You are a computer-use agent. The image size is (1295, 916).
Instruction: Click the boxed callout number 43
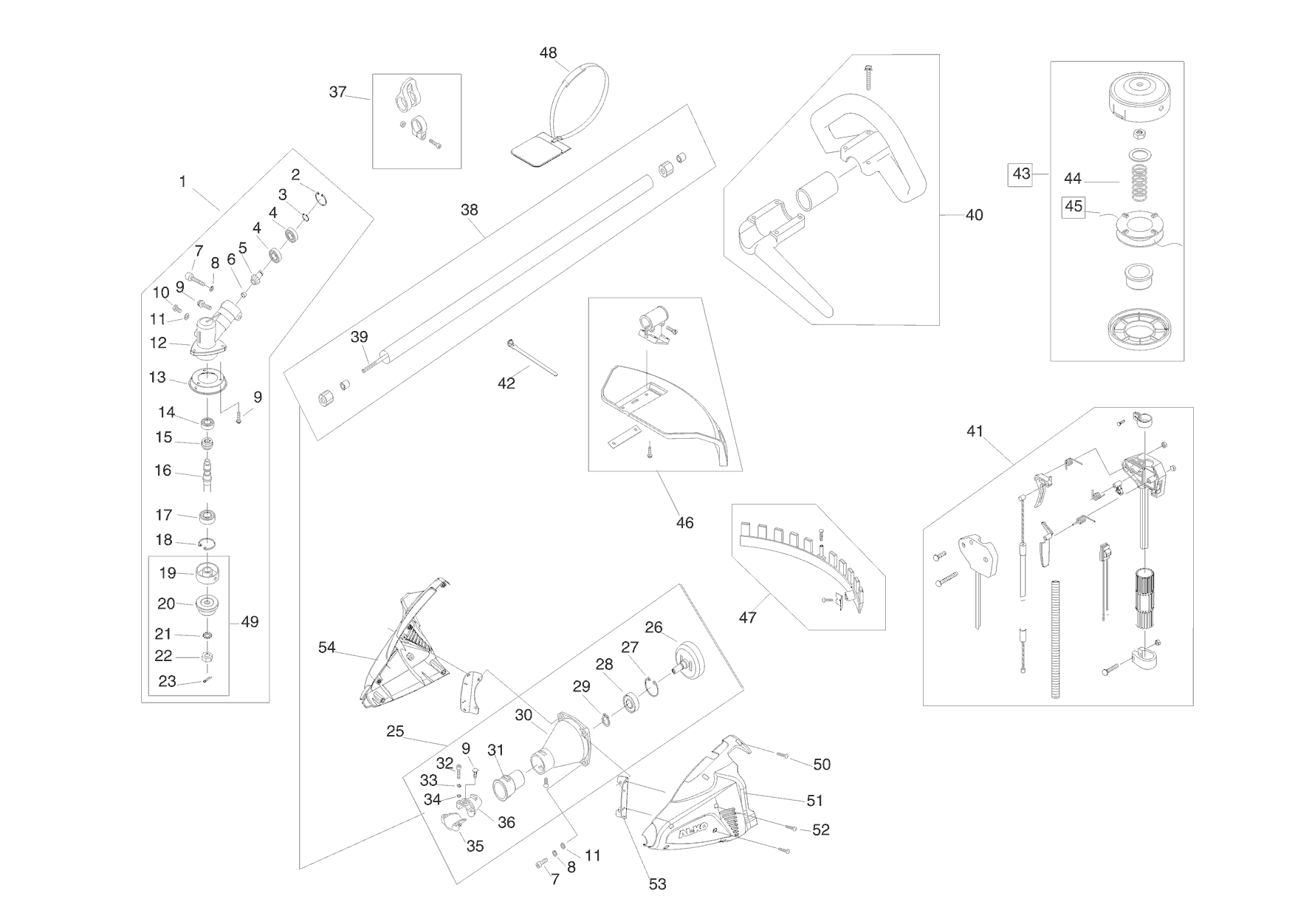coord(1021,174)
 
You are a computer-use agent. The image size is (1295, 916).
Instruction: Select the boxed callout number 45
coord(1074,206)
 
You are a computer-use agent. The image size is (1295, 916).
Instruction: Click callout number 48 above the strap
coord(548,53)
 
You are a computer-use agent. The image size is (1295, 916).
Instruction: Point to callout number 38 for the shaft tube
coord(470,210)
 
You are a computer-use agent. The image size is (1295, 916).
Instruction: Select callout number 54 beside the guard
coord(326,647)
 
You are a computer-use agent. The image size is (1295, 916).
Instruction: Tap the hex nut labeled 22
coord(207,657)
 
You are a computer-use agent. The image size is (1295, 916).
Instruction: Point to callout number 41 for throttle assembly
coord(975,431)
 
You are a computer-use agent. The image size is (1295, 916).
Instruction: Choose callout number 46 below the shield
coord(684,522)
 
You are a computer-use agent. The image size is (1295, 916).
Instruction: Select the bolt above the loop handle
coord(868,76)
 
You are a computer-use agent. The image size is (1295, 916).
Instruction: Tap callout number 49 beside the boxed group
coord(250,622)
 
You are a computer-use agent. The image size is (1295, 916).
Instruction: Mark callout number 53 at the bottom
coord(656,883)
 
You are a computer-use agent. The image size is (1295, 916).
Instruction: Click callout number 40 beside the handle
coord(975,215)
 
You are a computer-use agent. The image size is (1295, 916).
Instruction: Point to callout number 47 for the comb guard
coord(747,617)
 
